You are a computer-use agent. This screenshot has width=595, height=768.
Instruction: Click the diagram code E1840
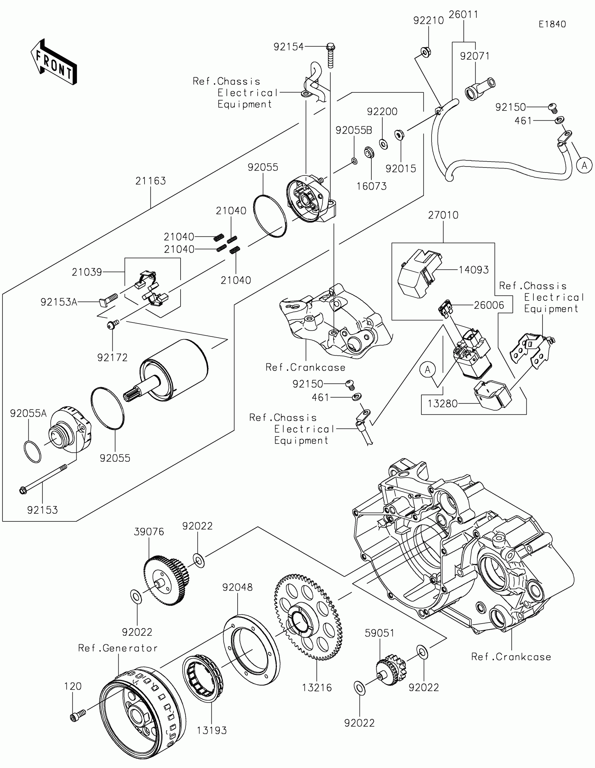552,24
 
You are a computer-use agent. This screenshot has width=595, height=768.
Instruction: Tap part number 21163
150,181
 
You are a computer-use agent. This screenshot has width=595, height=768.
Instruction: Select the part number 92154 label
288,47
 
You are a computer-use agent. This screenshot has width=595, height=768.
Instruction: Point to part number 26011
463,15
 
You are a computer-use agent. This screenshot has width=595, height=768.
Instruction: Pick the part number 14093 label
474,270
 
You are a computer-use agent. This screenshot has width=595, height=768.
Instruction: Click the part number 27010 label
443,215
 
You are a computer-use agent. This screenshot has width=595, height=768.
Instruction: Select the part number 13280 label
442,403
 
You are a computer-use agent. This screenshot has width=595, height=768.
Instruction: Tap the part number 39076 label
149,532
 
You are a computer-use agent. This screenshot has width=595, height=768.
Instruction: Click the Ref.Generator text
118,648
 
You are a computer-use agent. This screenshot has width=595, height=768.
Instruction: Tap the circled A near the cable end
584,165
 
